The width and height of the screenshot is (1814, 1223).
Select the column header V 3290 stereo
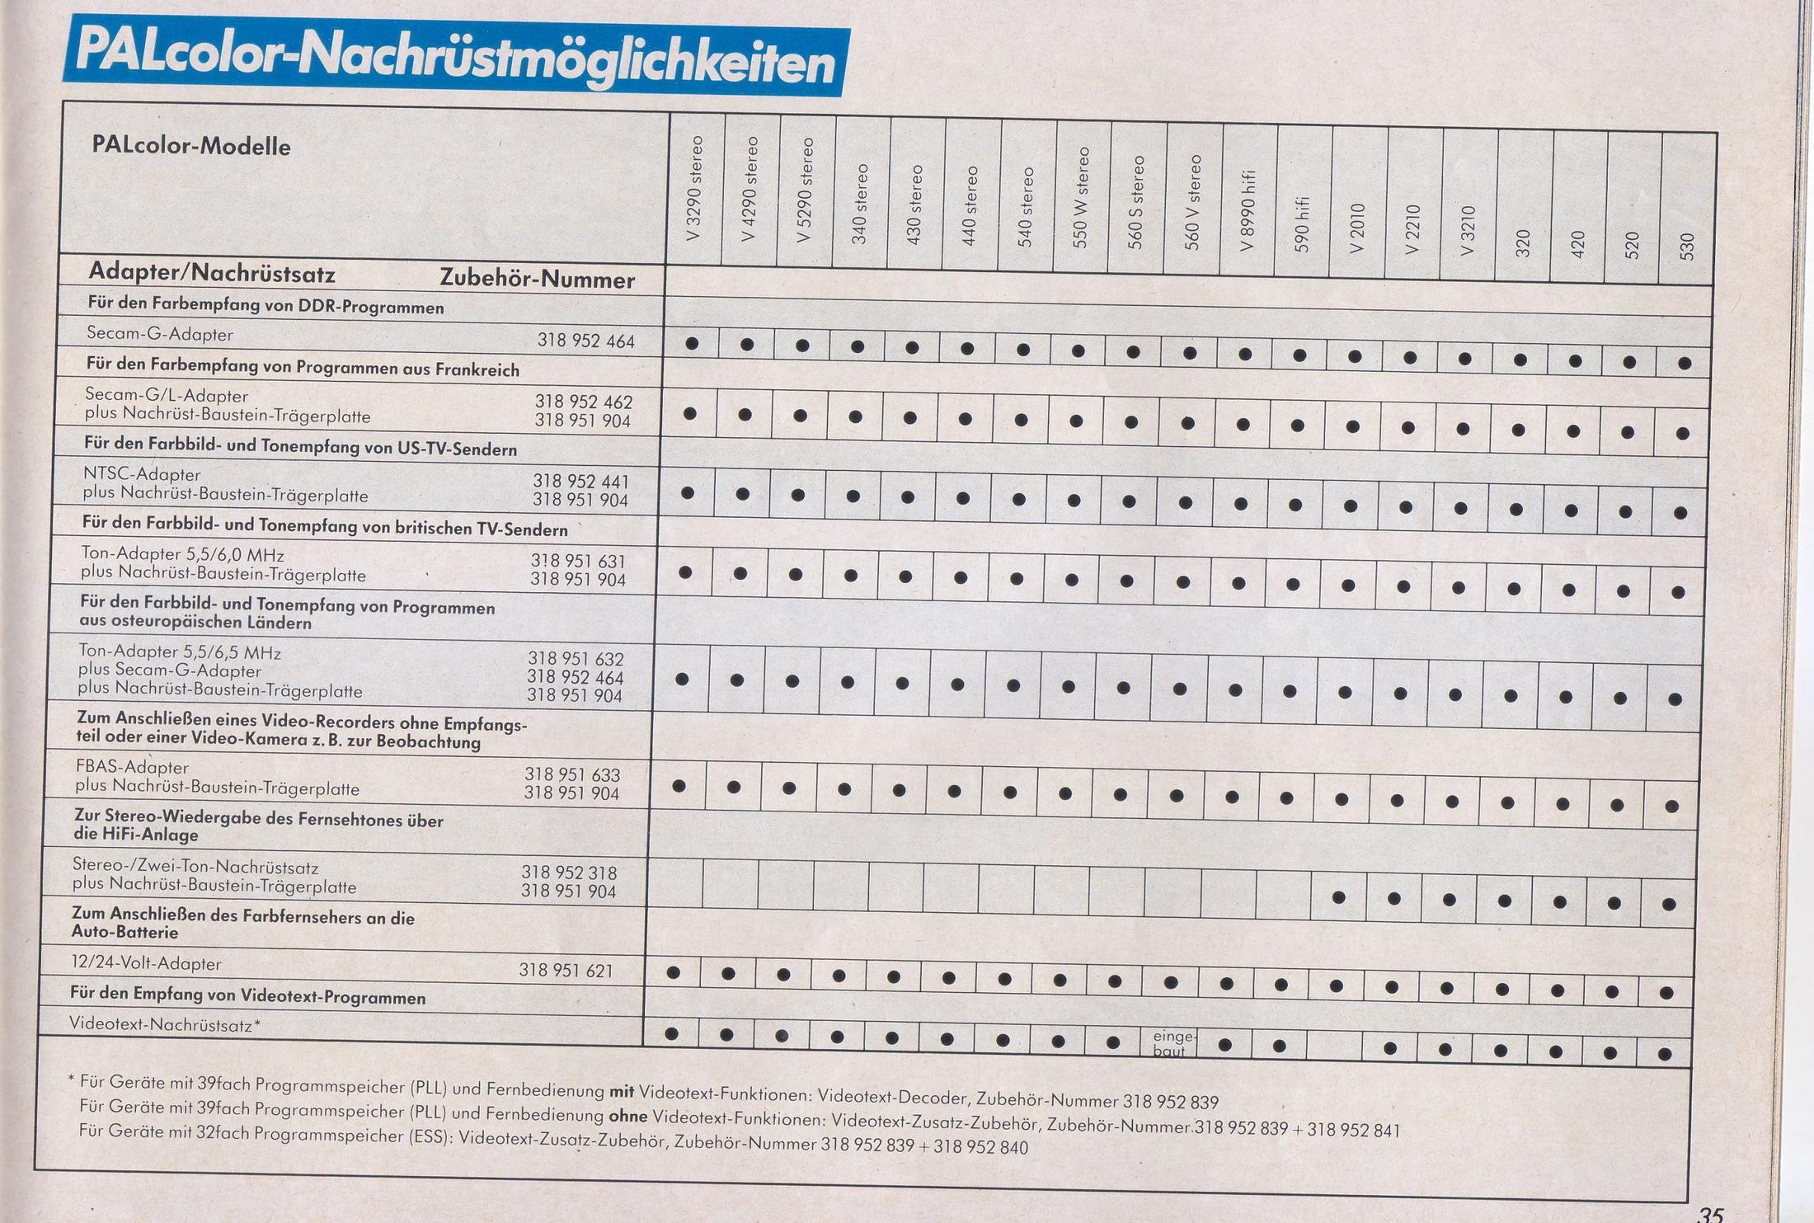click(x=695, y=190)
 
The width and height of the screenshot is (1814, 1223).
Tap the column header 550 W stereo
click(x=1082, y=198)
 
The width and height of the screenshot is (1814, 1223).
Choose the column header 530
click(x=1686, y=246)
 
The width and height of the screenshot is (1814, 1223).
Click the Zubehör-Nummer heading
click(x=537, y=280)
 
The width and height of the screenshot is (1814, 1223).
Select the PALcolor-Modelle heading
click(x=191, y=147)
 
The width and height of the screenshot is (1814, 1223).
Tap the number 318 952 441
click(x=580, y=481)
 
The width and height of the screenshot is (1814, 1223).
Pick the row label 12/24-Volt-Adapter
click(x=145, y=963)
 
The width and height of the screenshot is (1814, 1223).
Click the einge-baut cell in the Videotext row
click(x=1171, y=1042)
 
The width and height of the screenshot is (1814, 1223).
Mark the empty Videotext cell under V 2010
click(x=1334, y=1047)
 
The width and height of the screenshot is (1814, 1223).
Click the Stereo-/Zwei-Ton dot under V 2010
click(x=1339, y=897)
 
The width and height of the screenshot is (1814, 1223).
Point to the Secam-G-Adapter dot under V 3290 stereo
click(x=693, y=343)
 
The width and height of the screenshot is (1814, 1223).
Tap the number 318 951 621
click(x=566, y=971)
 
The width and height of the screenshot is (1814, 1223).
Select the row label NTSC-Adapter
click(x=141, y=474)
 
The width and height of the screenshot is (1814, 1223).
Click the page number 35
click(x=1711, y=1214)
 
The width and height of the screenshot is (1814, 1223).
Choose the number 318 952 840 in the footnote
click(x=980, y=1147)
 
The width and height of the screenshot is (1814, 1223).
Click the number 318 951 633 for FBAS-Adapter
click(x=572, y=774)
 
